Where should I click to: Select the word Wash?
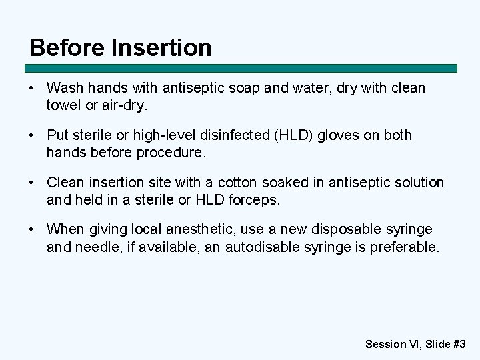point(64,88)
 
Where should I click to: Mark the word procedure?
point(171,152)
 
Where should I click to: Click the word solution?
point(416,183)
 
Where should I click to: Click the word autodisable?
point(262,247)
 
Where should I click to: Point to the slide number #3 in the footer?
point(459,344)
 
